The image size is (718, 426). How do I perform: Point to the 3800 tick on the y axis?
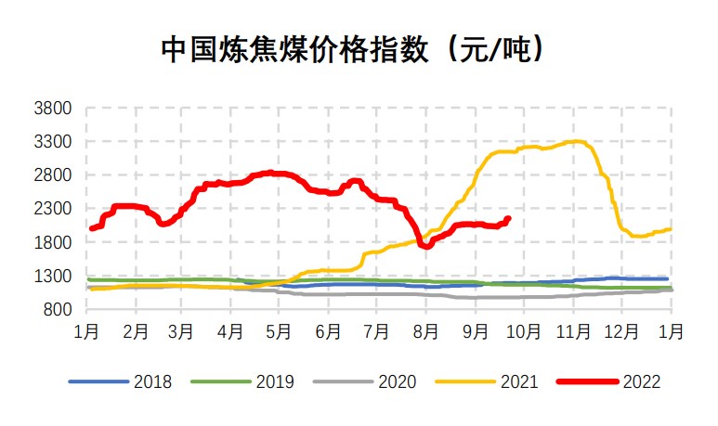[53, 109]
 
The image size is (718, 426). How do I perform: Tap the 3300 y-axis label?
[53, 142]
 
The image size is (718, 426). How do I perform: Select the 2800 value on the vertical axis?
[53, 175]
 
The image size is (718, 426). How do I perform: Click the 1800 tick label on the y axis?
[53, 243]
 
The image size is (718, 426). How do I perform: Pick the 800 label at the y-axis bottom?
[58, 310]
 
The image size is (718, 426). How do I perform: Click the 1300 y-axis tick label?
[53, 277]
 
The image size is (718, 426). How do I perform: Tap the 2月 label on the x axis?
[135, 329]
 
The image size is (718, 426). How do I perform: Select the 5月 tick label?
[280, 329]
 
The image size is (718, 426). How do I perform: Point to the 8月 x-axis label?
[425, 329]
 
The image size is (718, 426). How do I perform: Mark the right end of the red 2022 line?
[508, 219]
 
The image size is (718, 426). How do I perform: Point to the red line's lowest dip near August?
[425, 246]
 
